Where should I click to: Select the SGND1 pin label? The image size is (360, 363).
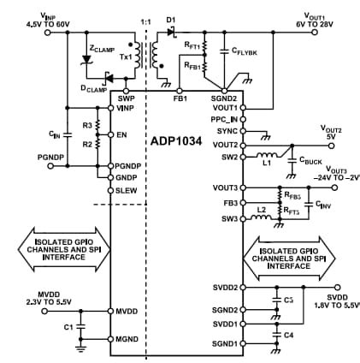pos(223,343)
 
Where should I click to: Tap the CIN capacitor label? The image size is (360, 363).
pos(53,134)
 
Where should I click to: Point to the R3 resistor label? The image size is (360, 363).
pos(86,125)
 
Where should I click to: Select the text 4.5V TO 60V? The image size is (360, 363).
pos(28,23)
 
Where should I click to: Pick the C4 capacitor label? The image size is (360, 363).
pos(287,334)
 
